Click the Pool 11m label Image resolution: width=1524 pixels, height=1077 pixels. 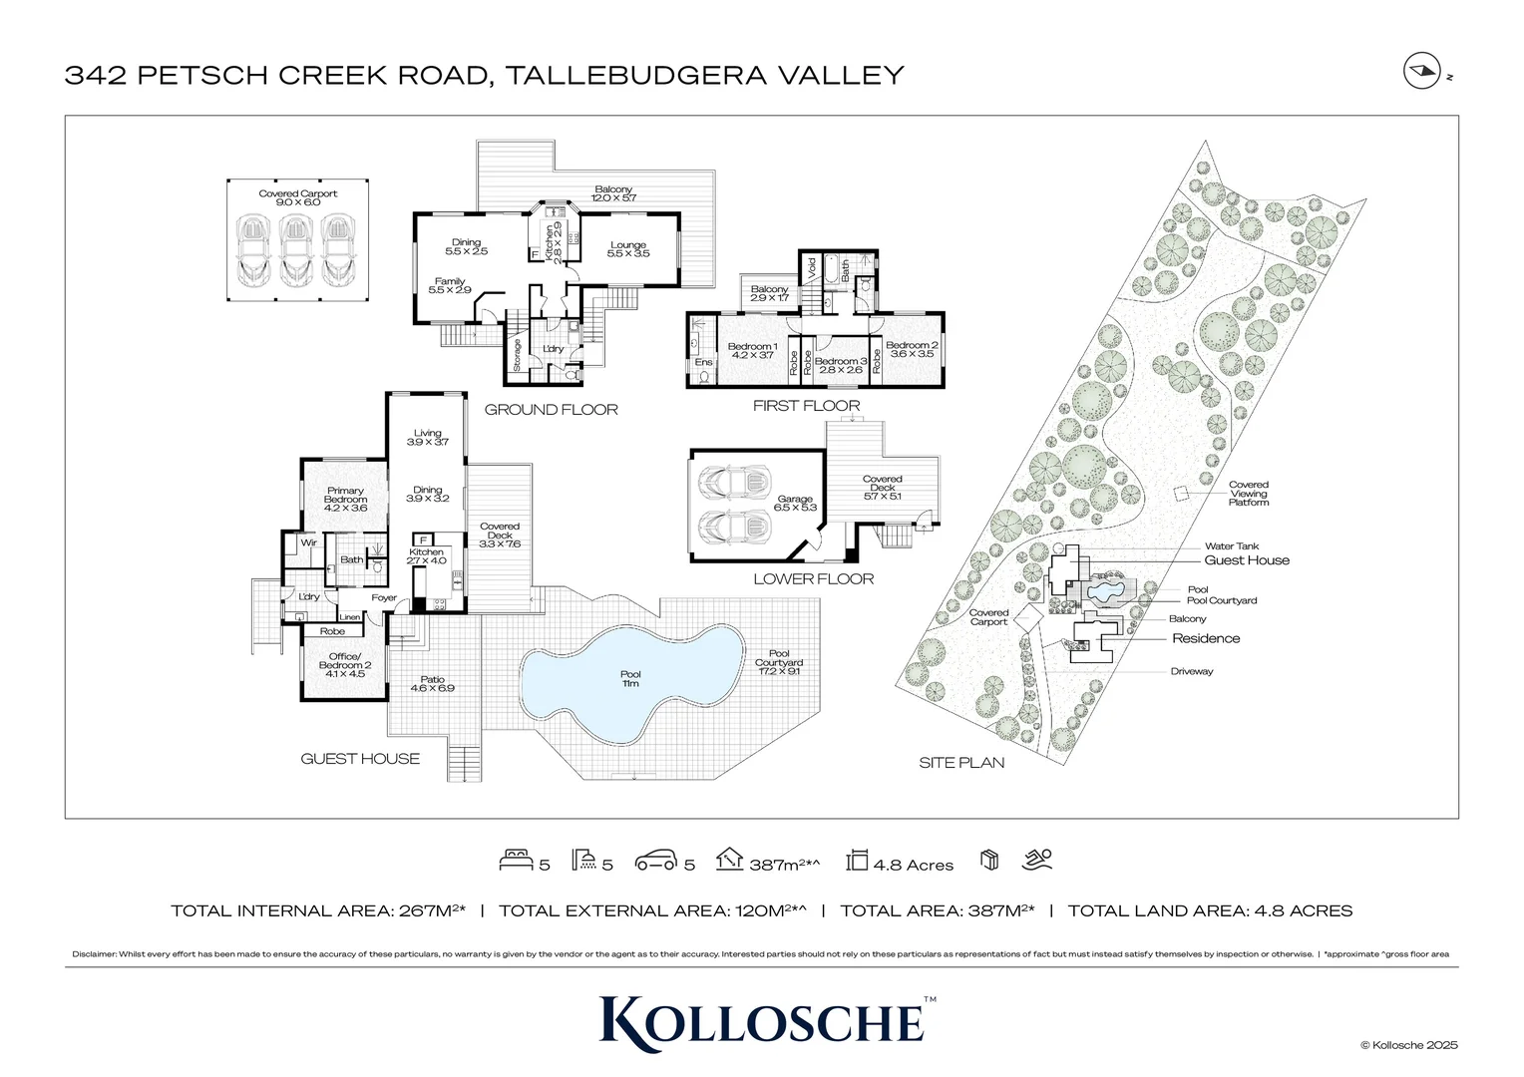tap(630, 679)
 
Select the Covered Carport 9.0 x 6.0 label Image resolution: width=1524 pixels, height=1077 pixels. tap(297, 197)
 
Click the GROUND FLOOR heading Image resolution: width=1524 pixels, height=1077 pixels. tap(551, 409)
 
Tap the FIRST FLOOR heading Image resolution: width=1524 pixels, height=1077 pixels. tap(806, 406)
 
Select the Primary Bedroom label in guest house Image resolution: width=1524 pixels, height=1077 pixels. tap(345, 499)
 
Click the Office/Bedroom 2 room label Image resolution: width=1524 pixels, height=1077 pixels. tap(345, 664)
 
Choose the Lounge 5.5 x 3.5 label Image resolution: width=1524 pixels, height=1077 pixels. tap(628, 249)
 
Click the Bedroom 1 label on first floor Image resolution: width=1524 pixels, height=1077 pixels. tap(753, 350)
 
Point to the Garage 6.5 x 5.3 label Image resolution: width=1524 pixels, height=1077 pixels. tap(795, 503)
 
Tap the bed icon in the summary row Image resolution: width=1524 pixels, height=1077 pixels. tap(514, 859)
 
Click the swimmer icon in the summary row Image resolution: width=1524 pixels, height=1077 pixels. tap(1037, 859)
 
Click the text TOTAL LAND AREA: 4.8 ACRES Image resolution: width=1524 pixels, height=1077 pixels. tap(1210, 910)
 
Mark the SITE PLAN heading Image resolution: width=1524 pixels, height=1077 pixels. tap(960, 763)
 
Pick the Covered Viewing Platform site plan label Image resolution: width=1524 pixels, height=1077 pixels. tap(1248, 494)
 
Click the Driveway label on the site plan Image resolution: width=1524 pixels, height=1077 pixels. tap(1192, 671)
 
